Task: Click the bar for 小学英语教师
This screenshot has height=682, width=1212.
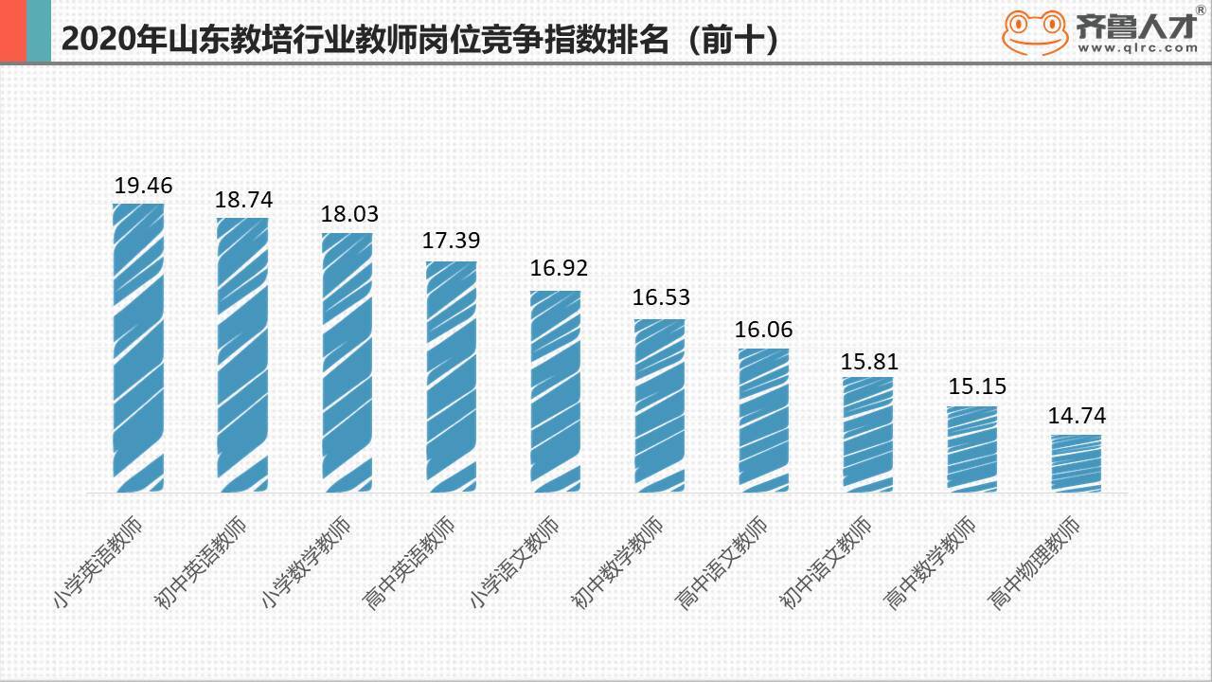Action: pos(138,348)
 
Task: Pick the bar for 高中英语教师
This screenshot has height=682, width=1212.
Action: pos(451,376)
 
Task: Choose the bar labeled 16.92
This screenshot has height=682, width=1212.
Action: pos(555,391)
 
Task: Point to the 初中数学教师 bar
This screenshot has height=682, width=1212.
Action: pos(659,405)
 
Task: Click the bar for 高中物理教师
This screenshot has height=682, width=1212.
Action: pos(1077,463)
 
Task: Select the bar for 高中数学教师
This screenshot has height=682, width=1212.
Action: pos(972,449)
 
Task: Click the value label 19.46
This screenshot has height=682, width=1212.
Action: pos(144,185)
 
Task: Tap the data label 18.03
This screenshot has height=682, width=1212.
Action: pos(349,213)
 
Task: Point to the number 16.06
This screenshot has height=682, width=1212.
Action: pos(764,330)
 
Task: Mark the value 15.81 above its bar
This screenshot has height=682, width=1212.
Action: pos(869,362)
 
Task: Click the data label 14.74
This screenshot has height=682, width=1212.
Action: pos(1077,416)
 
